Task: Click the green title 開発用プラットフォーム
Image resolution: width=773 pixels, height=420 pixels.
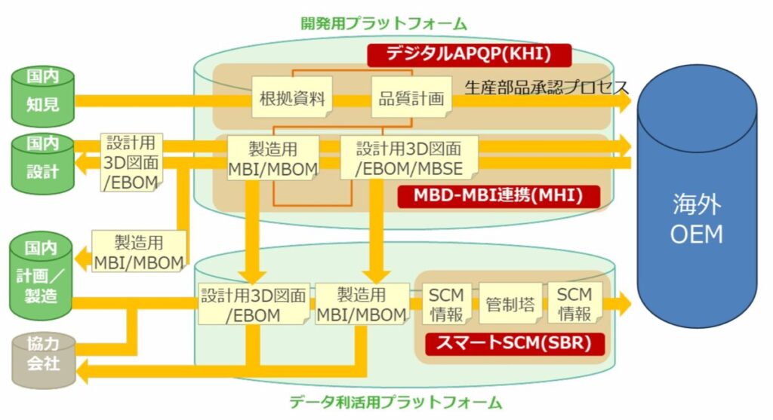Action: pyautogui.click(x=383, y=23)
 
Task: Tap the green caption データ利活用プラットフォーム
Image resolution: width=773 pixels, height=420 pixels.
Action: pyautogui.click(x=396, y=402)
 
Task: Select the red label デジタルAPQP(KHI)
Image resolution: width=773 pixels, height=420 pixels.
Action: pyautogui.click(x=469, y=54)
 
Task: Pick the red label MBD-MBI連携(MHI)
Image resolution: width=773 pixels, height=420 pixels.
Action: pyautogui.click(x=498, y=195)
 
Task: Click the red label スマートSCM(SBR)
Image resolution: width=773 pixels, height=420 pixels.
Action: pyautogui.click(x=514, y=342)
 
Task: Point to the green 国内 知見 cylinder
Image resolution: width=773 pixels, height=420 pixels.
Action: pyautogui.click(x=43, y=96)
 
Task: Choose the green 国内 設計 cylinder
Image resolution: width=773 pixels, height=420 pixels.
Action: pyautogui.click(x=43, y=164)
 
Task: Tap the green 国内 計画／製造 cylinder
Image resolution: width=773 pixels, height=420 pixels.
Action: pyautogui.click(x=41, y=276)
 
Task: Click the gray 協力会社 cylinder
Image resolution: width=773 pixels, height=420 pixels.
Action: pyautogui.click(x=43, y=360)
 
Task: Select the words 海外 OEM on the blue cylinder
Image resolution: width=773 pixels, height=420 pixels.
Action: pyautogui.click(x=696, y=219)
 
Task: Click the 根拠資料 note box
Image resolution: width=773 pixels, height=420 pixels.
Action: pyautogui.click(x=292, y=97)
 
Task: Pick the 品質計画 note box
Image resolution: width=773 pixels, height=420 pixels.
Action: pyautogui.click(x=411, y=97)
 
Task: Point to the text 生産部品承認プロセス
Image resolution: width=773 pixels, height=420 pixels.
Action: pyautogui.click(x=547, y=87)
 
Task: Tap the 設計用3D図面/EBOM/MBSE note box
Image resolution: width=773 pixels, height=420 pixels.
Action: pyautogui.click(x=408, y=158)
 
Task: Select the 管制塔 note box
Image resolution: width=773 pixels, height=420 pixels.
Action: pyautogui.click(x=510, y=303)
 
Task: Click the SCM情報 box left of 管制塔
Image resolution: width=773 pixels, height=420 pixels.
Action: pyautogui.click(x=447, y=303)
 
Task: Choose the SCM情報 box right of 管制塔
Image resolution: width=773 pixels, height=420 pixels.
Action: pyautogui.click(x=574, y=303)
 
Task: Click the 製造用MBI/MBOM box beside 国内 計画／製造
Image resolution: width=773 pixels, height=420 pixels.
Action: pyautogui.click(x=139, y=252)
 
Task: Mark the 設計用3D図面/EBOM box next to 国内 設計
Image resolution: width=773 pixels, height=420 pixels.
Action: pyautogui.click(x=131, y=162)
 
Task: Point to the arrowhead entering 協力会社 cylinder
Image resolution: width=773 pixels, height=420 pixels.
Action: pyautogui.click(x=82, y=370)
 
